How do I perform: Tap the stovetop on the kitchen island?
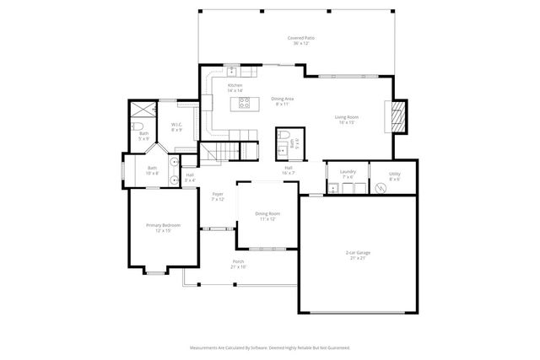click(x=244, y=104)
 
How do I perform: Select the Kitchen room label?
click(x=235, y=88)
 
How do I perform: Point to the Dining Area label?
click(x=282, y=101)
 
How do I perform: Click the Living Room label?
click(x=347, y=119)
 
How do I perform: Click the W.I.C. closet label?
click(x=177, y=127)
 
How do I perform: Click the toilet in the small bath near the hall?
click(x=284, y=135)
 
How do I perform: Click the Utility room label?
click(x=395, y=176)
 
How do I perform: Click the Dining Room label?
click(x=267, y=217)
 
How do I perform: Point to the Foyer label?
click(x=218, y=196)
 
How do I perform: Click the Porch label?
click(x=239, y=264)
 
